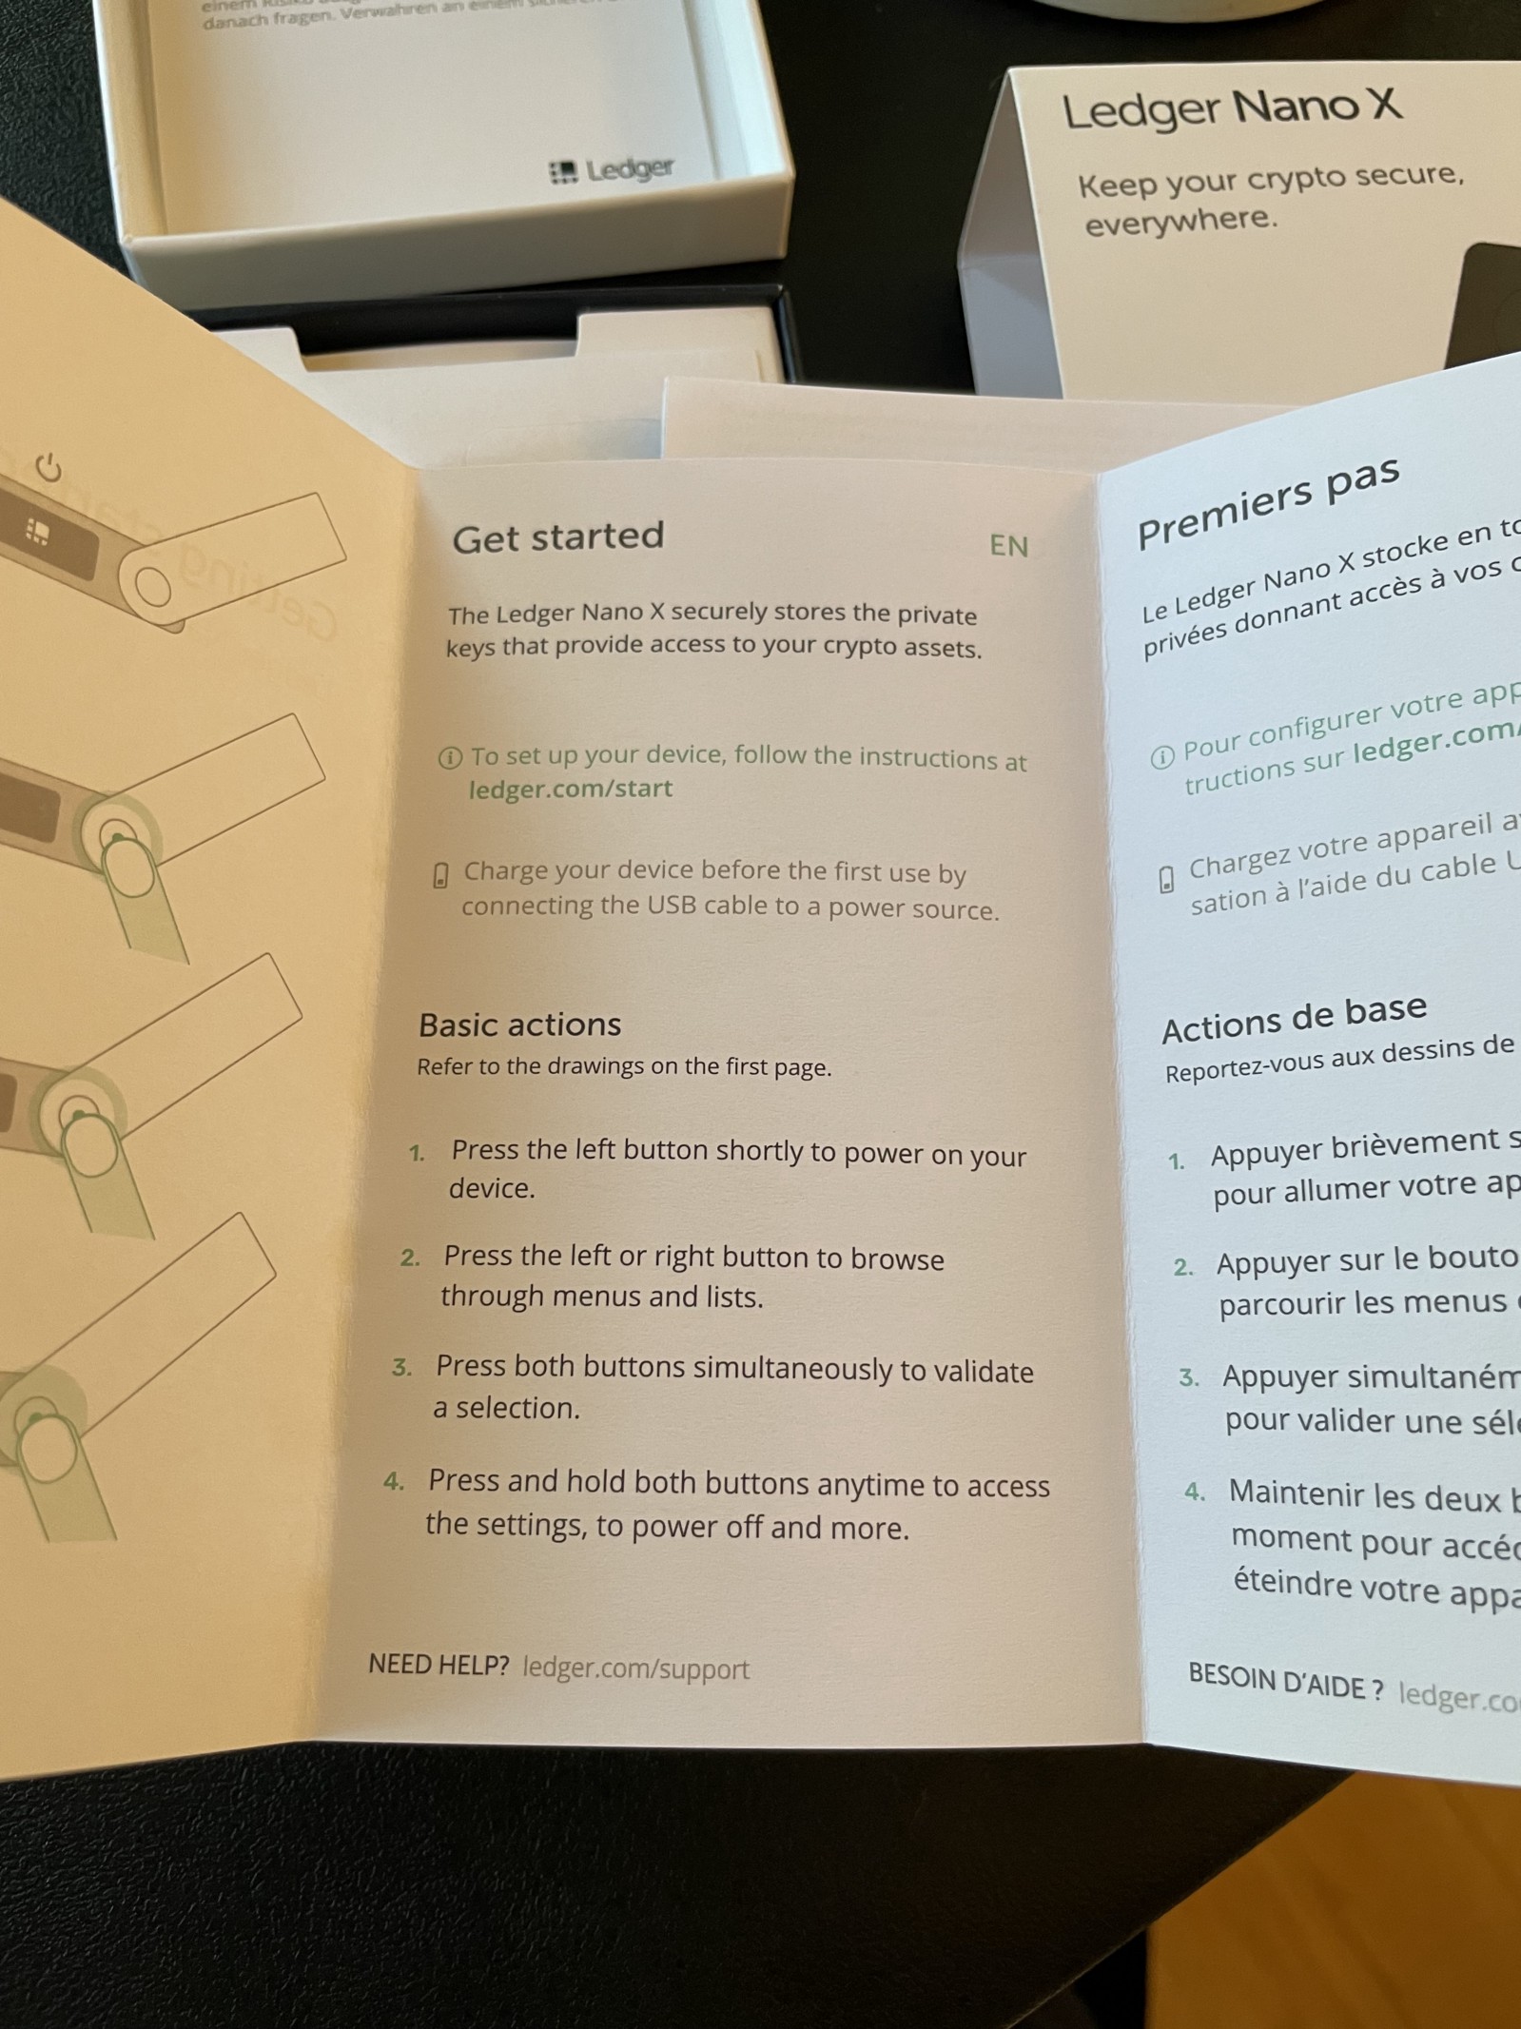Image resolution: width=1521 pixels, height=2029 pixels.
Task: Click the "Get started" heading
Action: click(x=557, y=537)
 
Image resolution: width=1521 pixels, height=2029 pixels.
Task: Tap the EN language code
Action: click(x=1008, y=546)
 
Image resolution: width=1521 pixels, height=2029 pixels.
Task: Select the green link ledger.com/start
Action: click(x=571, y=789)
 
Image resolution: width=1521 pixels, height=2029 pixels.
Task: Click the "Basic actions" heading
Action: click(x=519, y=1024)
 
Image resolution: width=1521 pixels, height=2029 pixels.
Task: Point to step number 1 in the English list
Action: click(x=417, y=1154)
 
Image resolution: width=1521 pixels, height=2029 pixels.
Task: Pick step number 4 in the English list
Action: click(x=393, y=1482)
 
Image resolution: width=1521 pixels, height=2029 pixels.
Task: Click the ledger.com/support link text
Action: click(x=635, y=1668)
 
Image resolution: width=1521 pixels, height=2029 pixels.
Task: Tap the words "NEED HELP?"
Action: click(x=439, y=1665)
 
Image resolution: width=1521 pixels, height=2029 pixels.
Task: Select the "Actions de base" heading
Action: click(x=1294, y=1016)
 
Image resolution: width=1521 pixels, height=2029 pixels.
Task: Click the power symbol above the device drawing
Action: click(x=49, y=468)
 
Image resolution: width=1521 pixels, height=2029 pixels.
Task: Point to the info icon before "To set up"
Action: click(x=450, y=758)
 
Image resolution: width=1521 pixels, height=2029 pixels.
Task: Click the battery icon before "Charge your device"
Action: click(x=440, y=875)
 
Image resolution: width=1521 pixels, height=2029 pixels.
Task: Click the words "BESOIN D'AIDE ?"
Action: click(x=1285, y=1683)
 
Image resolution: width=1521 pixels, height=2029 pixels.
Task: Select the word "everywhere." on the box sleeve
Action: click(x=1180, y=222)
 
